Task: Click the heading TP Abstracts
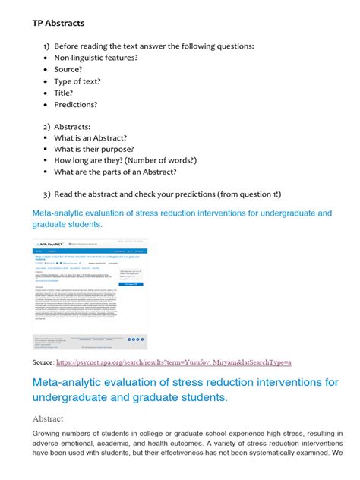coord(58,24)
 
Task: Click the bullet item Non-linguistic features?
coord(95,58)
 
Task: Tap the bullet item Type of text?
coord(77,81)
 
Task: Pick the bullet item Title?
coord(66,93)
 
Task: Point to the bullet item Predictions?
coord(76,105)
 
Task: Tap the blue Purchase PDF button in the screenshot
coord(131,283)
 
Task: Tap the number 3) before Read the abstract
coord(46,194)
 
